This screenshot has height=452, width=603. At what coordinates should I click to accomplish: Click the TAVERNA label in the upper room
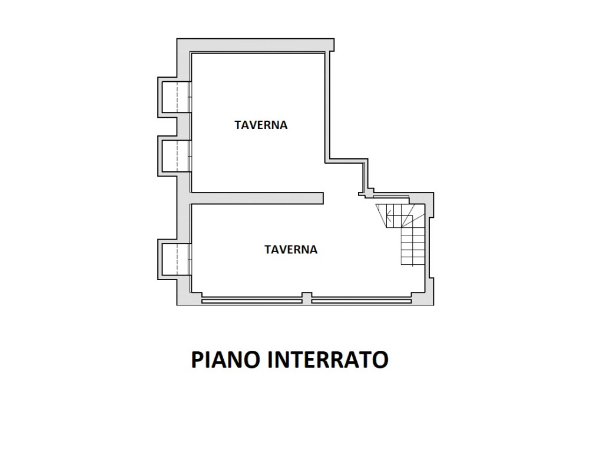(261, 125)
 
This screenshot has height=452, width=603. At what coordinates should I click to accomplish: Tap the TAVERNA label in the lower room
(291, 250)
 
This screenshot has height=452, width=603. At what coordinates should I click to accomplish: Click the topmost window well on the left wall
(175, 97)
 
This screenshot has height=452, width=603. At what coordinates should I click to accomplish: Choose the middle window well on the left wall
(175, 156)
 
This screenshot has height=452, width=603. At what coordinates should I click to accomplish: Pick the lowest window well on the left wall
(175, 260)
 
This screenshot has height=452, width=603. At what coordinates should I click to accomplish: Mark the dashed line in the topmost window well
(177, 97)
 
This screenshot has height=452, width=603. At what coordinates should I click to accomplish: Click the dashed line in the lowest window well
(177, 260)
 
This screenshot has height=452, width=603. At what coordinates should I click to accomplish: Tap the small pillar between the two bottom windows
(306, 298)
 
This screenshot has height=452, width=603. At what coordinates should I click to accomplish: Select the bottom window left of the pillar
(252, 301)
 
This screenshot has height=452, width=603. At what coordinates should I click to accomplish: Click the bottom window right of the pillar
(362, 301)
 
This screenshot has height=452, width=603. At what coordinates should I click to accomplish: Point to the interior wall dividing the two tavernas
(257, 198)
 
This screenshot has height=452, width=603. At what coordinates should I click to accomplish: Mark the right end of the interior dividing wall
(323, 198)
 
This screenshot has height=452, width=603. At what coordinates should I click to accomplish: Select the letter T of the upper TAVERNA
(238, 125)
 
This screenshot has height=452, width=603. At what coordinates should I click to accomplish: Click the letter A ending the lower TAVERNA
(313, 250)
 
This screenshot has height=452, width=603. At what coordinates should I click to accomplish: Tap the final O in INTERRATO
(381, 360)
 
